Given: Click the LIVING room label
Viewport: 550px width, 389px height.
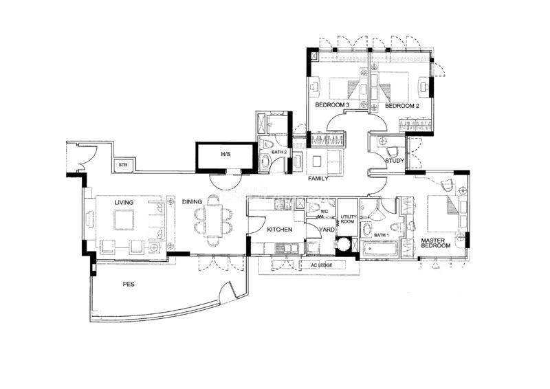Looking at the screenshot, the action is (x=124, y=202).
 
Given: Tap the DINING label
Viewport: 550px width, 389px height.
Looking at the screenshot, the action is (x=192, y=201).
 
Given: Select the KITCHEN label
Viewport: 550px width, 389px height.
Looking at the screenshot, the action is (x=280, y=230).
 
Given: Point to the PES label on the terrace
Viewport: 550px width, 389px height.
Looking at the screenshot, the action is (x=129, y=284).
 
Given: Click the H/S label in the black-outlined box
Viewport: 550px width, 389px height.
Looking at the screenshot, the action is (x=225, y=154).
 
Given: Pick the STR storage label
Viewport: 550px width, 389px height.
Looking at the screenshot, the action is (x=122, y=164).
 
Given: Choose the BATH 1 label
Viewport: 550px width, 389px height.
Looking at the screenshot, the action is (x=382, y=235).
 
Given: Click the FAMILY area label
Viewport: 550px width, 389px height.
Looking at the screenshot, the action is (x=318, y=179).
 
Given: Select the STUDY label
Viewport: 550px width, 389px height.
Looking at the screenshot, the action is (x=395, y=161).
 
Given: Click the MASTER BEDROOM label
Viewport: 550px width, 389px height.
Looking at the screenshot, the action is (x=436, y=243).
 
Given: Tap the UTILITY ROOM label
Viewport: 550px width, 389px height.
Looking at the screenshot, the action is (x=348, y=219).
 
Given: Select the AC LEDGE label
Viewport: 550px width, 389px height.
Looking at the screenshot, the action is (x=321, y=265).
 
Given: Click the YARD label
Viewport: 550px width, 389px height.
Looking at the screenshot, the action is (x=327, y=230).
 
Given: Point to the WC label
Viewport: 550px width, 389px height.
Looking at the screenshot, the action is (x=324, y=212).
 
